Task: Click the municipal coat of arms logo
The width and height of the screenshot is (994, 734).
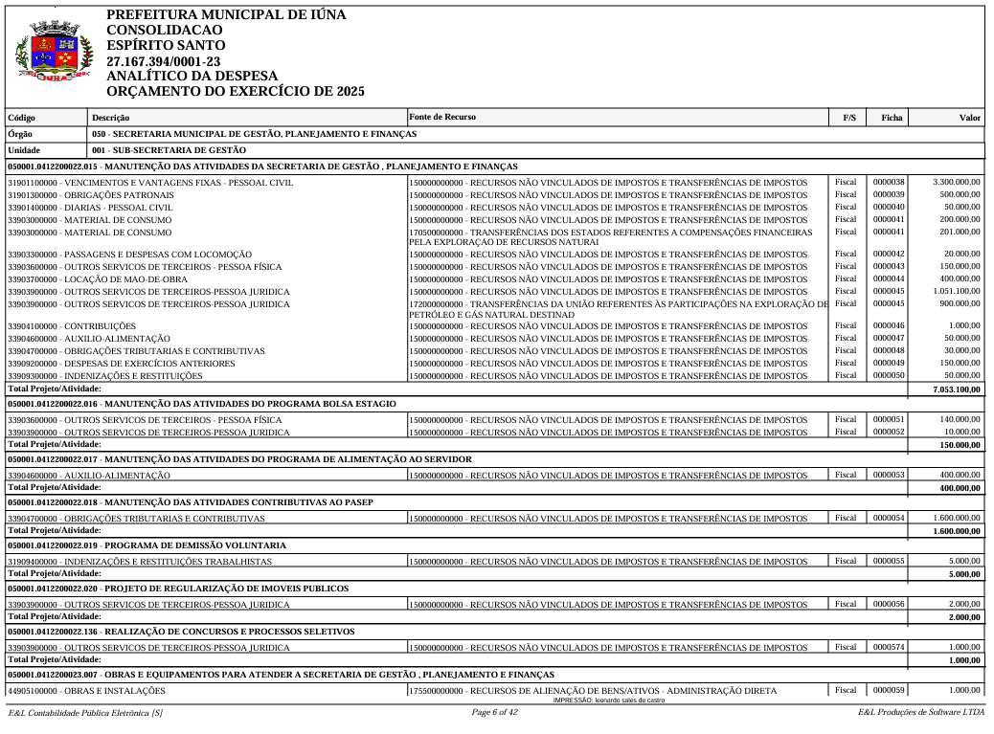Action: click(54, 55)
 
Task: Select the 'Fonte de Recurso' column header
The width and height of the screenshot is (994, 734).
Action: click(441, 118)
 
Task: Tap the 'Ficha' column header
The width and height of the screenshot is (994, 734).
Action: click(891, 118)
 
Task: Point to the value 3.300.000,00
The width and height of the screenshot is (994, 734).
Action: click(956, 181)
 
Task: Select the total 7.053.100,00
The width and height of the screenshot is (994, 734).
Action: click(956, 389)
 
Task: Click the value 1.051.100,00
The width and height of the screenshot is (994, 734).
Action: click(956, 291)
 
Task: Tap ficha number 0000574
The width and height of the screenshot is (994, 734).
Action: click(889, 646)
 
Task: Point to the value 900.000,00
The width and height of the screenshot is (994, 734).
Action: click(958, 303)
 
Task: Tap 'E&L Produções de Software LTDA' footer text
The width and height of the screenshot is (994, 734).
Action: click(921, 712)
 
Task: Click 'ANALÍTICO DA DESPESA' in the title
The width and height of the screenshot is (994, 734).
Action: click(192, 76)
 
